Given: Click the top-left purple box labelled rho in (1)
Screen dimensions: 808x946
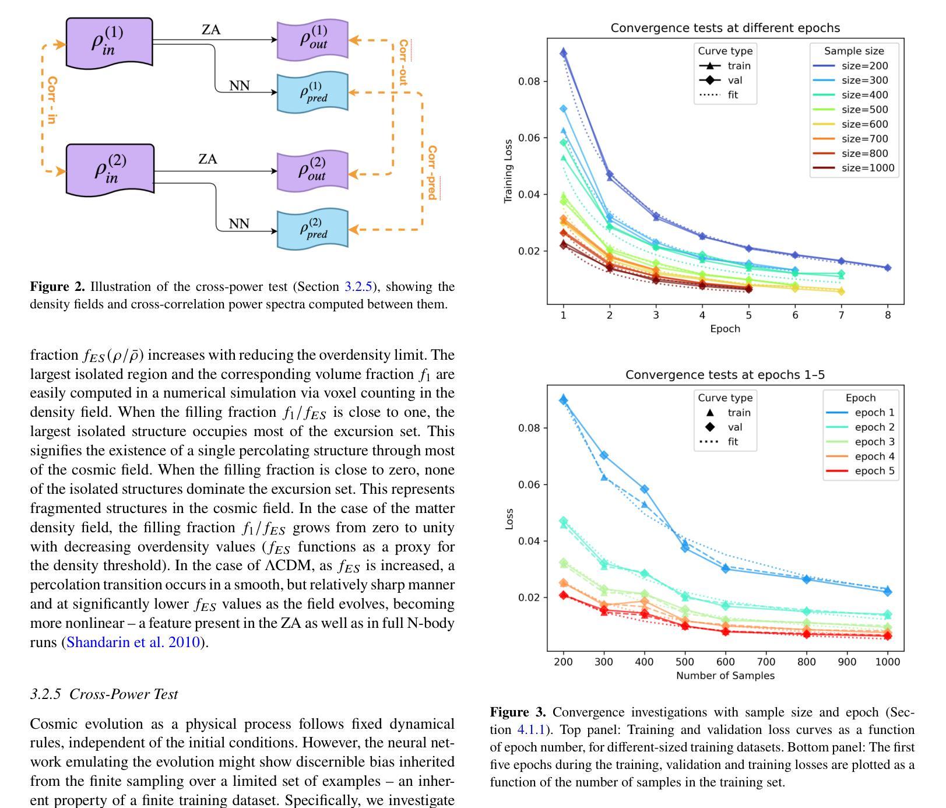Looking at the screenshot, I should (110, 42).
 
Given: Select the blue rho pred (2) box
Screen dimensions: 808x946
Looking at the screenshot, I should (313, 229).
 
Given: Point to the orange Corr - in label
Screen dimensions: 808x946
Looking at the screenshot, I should (52, 100).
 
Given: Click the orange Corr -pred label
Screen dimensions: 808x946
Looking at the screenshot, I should (432, 173).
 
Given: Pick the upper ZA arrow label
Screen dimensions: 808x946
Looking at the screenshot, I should (210, 30).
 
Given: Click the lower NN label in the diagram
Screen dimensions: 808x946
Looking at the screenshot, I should (239, 224).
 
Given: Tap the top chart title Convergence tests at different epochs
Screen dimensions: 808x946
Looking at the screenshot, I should (725, 28).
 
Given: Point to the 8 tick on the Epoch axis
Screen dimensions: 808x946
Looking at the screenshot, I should (888, 315).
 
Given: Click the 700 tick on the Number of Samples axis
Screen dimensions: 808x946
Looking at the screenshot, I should (766, 662).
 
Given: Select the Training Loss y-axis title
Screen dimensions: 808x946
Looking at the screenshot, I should (508, 171).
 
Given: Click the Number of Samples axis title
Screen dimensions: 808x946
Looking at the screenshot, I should (725, 676).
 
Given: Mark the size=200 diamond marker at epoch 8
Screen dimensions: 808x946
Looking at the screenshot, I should (888, 268).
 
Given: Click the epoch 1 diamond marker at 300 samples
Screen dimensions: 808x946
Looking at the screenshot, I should (604, 455).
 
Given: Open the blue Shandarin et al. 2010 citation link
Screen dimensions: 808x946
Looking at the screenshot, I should (133, 642).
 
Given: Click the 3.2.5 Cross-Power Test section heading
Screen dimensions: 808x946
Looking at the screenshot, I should (104, 694).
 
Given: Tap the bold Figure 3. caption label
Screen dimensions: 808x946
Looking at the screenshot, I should (518, 712).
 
